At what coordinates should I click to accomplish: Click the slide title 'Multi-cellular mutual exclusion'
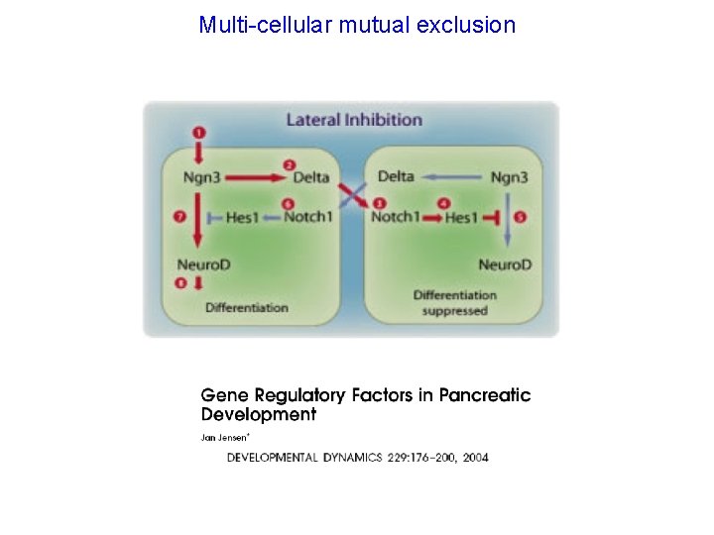(x=357, y=25)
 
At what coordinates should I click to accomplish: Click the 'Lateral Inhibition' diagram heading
(x=354, y=120)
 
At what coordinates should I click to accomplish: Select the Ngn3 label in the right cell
(x=510, y=176)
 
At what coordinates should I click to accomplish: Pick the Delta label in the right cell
(x=396, y=176)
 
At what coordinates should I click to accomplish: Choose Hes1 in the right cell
(x=461, y=217)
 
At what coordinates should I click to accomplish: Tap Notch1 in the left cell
(x=307, y=217)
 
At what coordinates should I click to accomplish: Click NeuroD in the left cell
(x=204, y=264)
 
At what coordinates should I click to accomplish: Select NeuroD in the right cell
(x=505, y=264)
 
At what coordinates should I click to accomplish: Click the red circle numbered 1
(x=199, y=132)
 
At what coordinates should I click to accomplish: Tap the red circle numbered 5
(x=521, y=217)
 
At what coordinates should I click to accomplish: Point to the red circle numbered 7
(x=180, y=217)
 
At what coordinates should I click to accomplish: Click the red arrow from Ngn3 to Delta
(x=260, y=177)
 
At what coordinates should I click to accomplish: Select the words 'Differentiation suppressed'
(x=454, y=302)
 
